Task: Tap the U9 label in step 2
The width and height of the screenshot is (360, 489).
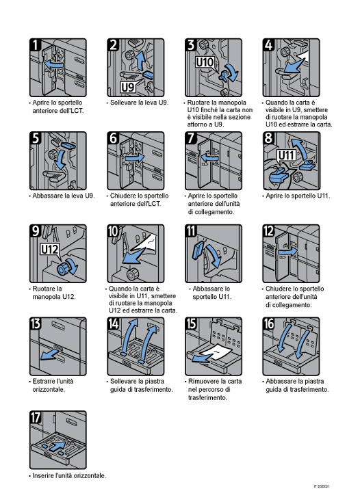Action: pyautogui.click(x=128, y=87)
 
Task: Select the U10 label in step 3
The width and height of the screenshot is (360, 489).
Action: pyautogui.click(x=205, y=62)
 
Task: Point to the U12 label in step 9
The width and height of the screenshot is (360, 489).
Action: pyautogui.click(x=51, y=248)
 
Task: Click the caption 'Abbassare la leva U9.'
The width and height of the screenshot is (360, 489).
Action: pyautogui.click(x=62, y=196)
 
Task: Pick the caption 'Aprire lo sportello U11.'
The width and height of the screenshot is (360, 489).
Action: pyautogui.click(x=296, y=196)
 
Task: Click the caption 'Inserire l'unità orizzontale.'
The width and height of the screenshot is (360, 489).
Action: pyautogui.click(x=68, y=475)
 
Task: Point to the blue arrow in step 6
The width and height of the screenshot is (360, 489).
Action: pyautogui.click(x=136, y=157)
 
